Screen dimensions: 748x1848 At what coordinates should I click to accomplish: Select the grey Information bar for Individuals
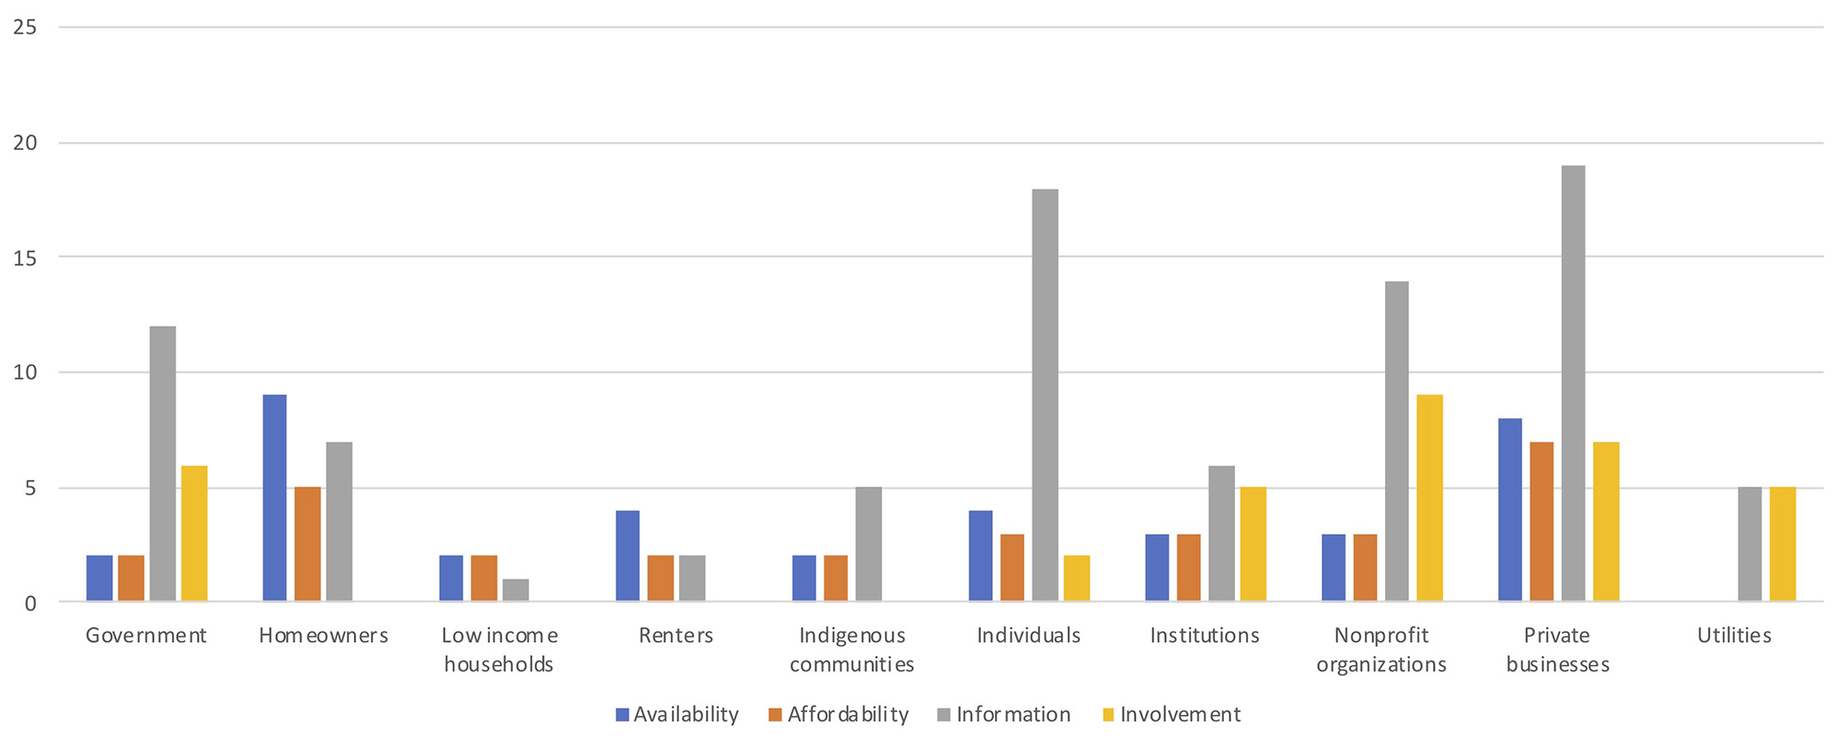pyautogui.click(x=1045, y=396)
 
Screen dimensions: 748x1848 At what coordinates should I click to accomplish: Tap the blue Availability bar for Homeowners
pyautogui.click(x=274, y=498)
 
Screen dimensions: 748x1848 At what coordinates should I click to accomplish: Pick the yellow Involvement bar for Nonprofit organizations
pyautogui.click(x=1429, y=498)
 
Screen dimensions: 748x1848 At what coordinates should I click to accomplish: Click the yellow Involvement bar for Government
pyautogui.click(x=194, y=534)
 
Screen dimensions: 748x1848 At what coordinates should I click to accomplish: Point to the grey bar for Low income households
pyautogui.click(x=515, y=590)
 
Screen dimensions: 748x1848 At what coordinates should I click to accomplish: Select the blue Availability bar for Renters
pyautogui.click(x=628, y=556)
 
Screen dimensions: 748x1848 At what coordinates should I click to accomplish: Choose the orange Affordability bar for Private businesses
pyautogui.click(x=1542, y=522)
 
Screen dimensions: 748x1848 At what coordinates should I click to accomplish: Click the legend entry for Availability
pyautogui.click(x=677, y=715)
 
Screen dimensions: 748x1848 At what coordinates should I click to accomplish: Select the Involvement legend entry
pyautogui.click(x=1172, y=715)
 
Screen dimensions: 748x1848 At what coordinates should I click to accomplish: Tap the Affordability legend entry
pyautogui.click(x=838, y=715)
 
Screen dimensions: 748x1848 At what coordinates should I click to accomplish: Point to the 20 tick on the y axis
pyautogui.click(x=26, y=143)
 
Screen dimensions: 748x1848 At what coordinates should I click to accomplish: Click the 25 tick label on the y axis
pyautogui.click(x=26, y=28)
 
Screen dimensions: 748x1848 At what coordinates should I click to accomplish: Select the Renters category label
pyautogui.click(x=676, y=636)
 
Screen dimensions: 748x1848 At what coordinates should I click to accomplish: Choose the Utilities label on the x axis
pyautogui.click(x=1734, y=636)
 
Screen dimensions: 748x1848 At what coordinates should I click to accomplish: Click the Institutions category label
pyautogui.click(x=1204, y=636)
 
